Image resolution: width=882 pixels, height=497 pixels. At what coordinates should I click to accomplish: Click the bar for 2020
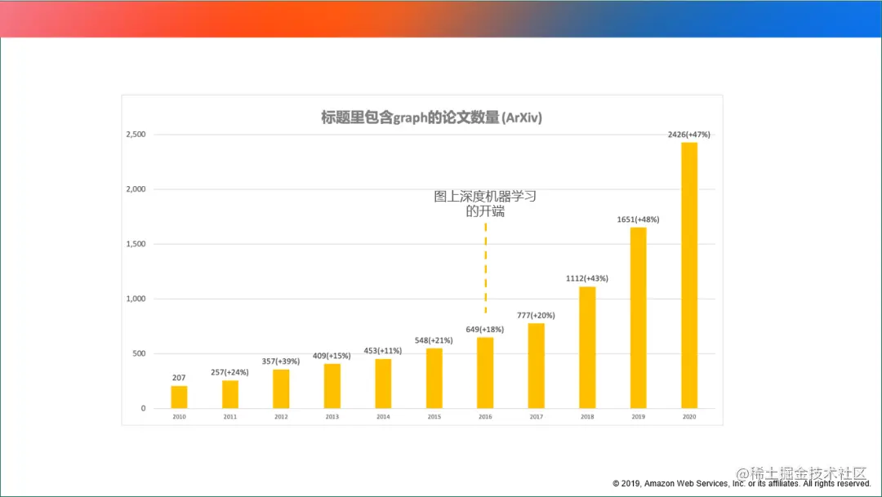coord(689,276)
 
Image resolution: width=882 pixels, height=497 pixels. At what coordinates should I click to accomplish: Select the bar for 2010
coord(179,397)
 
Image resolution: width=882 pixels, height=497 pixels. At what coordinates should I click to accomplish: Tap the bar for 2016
coord(485,372)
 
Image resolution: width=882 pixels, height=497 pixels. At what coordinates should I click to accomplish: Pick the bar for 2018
coord(587,347)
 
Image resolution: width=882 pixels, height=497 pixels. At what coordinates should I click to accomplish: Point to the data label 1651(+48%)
coord(638,220)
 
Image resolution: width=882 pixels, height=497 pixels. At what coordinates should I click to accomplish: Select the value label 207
coord(179,378)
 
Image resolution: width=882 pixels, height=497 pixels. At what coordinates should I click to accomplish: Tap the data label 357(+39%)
coord(281,362)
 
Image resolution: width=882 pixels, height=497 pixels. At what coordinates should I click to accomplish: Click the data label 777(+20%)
coord(536,316)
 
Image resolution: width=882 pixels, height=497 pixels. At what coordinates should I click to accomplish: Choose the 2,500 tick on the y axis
coord(135,135)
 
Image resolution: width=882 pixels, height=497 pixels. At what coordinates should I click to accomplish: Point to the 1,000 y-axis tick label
coord(135,299)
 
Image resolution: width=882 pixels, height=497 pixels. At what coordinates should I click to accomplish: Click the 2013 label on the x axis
coord(332,417)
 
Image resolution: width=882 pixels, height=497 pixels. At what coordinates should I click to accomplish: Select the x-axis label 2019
coord(638,417)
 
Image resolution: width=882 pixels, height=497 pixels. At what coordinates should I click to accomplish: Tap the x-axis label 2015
coord(434,417)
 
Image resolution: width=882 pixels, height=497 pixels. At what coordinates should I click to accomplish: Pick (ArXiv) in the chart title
coord(523,118)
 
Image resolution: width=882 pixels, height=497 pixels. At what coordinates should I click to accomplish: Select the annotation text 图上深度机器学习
coord(485,197)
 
